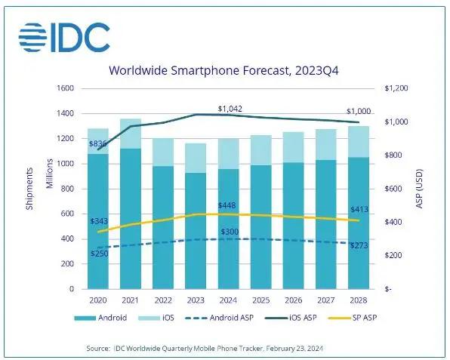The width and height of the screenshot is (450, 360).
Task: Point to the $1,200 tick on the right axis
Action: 396,89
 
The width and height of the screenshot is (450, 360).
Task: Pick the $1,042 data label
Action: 230,109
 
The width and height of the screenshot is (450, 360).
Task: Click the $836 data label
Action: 97,143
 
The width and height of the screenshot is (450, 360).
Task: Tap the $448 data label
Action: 230,205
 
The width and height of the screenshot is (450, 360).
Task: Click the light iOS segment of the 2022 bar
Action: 164,152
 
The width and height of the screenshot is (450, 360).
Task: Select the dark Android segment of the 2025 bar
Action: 260,226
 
